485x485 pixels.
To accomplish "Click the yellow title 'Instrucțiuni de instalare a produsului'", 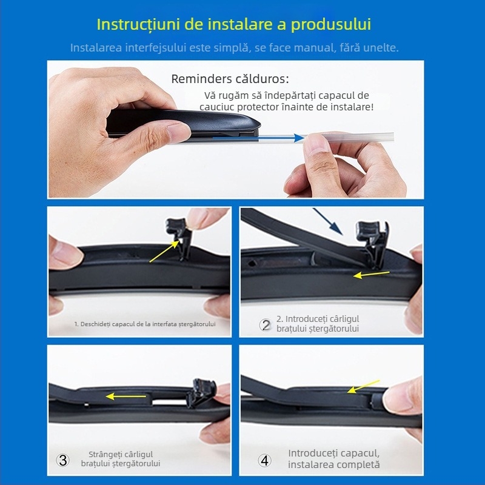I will tap(234, 25).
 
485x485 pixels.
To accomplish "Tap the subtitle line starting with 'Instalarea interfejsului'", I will tap(234, 47).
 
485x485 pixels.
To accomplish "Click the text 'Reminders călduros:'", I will tap(230, 79).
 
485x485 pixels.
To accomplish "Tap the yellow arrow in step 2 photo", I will tap(372, 275).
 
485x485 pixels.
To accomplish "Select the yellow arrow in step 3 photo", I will tap(126, 396).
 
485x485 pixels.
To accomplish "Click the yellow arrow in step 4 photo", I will tap(363, 386).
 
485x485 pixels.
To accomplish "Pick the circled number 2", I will tap(265, 324).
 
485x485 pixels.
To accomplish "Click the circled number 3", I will tap(62, 460).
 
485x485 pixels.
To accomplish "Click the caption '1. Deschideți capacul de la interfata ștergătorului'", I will tap(144, 324).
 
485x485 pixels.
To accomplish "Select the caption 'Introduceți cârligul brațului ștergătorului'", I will tap(317, 324).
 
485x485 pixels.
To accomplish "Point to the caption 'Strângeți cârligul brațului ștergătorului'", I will tap(121, 459).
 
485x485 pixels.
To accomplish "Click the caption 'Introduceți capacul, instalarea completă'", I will tap(334, 459).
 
